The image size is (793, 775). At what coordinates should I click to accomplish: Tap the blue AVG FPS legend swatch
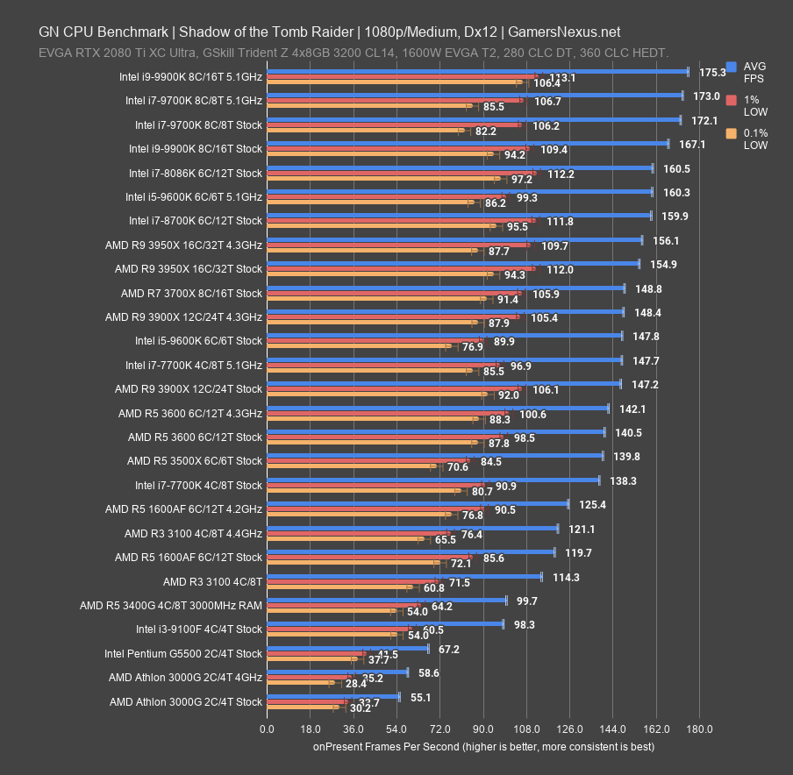point(732,67)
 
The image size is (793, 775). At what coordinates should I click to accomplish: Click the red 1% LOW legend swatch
point(732,100)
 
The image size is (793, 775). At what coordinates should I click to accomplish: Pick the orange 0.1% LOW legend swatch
point(732,133)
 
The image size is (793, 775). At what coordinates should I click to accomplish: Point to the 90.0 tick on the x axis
point(482,729)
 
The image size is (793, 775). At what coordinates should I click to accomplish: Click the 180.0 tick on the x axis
point(699,729)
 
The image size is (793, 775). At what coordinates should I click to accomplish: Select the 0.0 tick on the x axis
point(267,729)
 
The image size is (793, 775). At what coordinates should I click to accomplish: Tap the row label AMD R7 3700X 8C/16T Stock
point(191,293)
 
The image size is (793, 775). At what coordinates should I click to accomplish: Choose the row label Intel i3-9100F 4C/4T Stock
point(198,629)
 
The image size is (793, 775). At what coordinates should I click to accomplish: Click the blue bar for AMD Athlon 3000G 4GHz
point(337,672)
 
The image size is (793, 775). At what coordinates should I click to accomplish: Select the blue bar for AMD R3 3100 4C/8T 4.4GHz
point(412,529)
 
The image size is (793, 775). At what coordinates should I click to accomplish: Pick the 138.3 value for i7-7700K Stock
point(623,480)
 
